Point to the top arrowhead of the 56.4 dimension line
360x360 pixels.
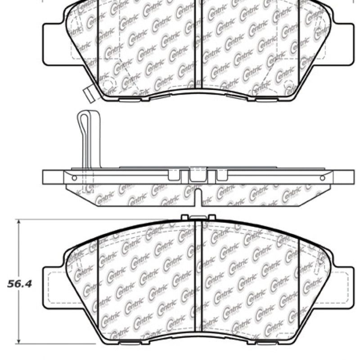(18, 222)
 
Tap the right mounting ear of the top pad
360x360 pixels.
(342, 41)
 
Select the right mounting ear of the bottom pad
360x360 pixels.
(342, 288)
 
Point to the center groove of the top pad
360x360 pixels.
(198, 45)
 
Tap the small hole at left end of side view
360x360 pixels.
(74, 178)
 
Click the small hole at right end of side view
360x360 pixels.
(323, 178)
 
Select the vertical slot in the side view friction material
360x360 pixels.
(198, 195)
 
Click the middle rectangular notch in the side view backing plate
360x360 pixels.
(196, 175)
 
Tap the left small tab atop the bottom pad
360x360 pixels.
(184, 217)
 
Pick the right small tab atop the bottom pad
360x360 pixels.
(210, 217)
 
